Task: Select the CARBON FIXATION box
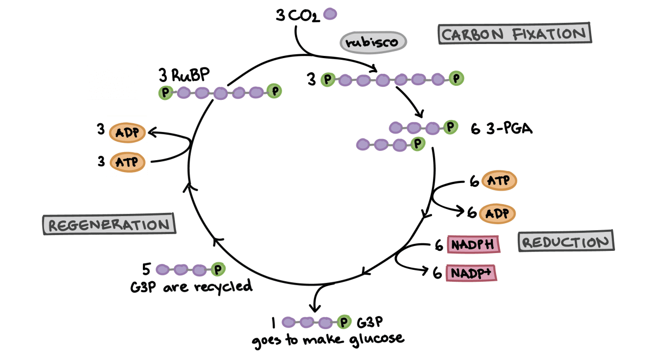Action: click(514, 34)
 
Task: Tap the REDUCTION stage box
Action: click(566, 241)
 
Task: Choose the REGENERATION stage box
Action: click(109, 224)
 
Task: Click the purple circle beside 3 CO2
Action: click(329, 14)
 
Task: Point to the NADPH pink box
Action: click(473, 244)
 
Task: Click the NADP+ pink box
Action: click(471, 273)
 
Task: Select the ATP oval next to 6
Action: click(498, 181)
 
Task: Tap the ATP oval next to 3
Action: click(127, 162)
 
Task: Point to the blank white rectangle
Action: click(112, 83)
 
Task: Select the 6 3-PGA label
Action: click(502, 129)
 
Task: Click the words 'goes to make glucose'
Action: click(328, 339)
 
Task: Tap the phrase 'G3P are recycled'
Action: click(191, 286)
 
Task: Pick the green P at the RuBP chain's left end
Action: click(165, 93)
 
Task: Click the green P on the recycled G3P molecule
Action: click(218, 269)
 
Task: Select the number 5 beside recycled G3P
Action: click(146, 269)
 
